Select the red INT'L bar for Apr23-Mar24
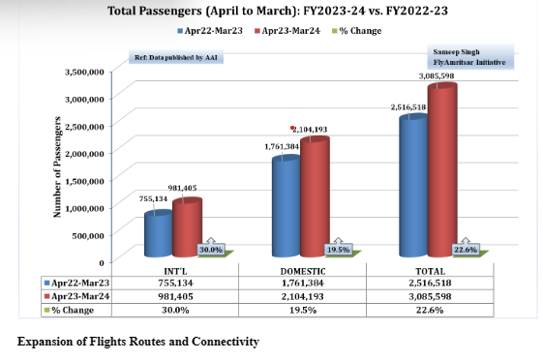click(x=186, y=227)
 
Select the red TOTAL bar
click(x=442, y=170)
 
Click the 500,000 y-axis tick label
click(x=88, y=235)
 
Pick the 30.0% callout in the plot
click(x=210, y=249)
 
